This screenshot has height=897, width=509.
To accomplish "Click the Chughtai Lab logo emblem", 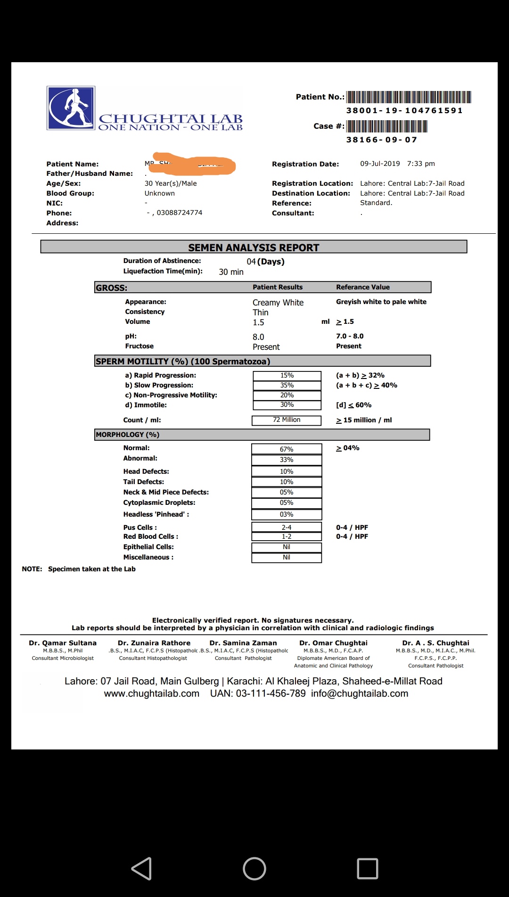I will point(71,108).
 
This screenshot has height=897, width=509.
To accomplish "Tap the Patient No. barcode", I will point(409,97).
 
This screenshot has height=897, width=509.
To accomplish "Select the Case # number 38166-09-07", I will point(381,140).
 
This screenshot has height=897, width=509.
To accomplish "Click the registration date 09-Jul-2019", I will point(380,164).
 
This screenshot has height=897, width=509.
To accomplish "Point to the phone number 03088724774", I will point(179,213).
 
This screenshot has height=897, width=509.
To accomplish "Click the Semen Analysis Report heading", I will point(254,247).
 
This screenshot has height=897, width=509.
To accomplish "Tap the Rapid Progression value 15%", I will point(287,376).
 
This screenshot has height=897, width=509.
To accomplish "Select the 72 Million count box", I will point(287,420).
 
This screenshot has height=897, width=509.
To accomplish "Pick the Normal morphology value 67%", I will point(287,449).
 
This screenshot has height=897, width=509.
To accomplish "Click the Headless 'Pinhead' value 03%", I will point(287,514).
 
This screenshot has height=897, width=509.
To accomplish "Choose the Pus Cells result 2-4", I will point(287,527).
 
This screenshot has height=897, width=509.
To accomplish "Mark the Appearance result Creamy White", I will point(278,303).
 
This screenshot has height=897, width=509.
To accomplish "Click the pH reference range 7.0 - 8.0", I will point(350,336).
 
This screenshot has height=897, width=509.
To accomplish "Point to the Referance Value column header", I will point(363,287).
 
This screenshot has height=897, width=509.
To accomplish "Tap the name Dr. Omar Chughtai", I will point(333,643).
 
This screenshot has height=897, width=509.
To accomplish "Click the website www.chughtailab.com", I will point(152,693).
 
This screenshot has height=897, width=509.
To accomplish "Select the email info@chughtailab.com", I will point(360,693).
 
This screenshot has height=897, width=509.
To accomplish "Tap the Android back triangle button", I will point(141,868).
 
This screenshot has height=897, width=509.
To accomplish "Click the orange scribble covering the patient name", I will point(194,164).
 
